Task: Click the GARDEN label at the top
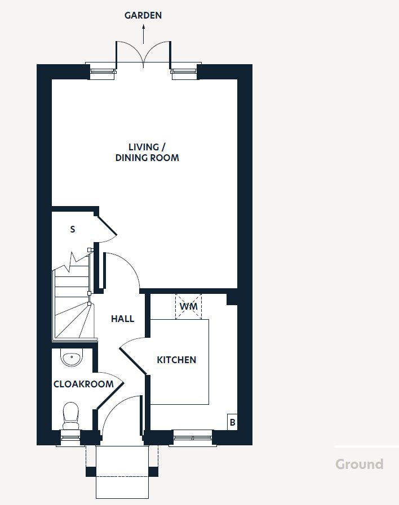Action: pyautogui.click(x=143, y=15)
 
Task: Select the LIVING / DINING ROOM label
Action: pyautogui.click(x=147, y=153)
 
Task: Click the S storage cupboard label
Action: pyautogui.click(x=72, y=229)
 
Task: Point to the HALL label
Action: pyautogui.click(x=122, y=319)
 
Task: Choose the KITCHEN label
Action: pyautogui.click(x=176, y=360)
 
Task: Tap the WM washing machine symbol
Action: pyautogui.click(x=188, y=307)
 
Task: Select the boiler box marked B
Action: pyautogui.click(x=232, y=422)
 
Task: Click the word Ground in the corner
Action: pyautogui.click(x=359, y=464)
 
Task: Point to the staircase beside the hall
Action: pyautogui.click(x=72, y=304)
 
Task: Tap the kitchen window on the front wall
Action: pyautogui.click(x=193, y=437)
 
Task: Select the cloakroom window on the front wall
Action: pyautogui.click(x=70, y=437)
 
